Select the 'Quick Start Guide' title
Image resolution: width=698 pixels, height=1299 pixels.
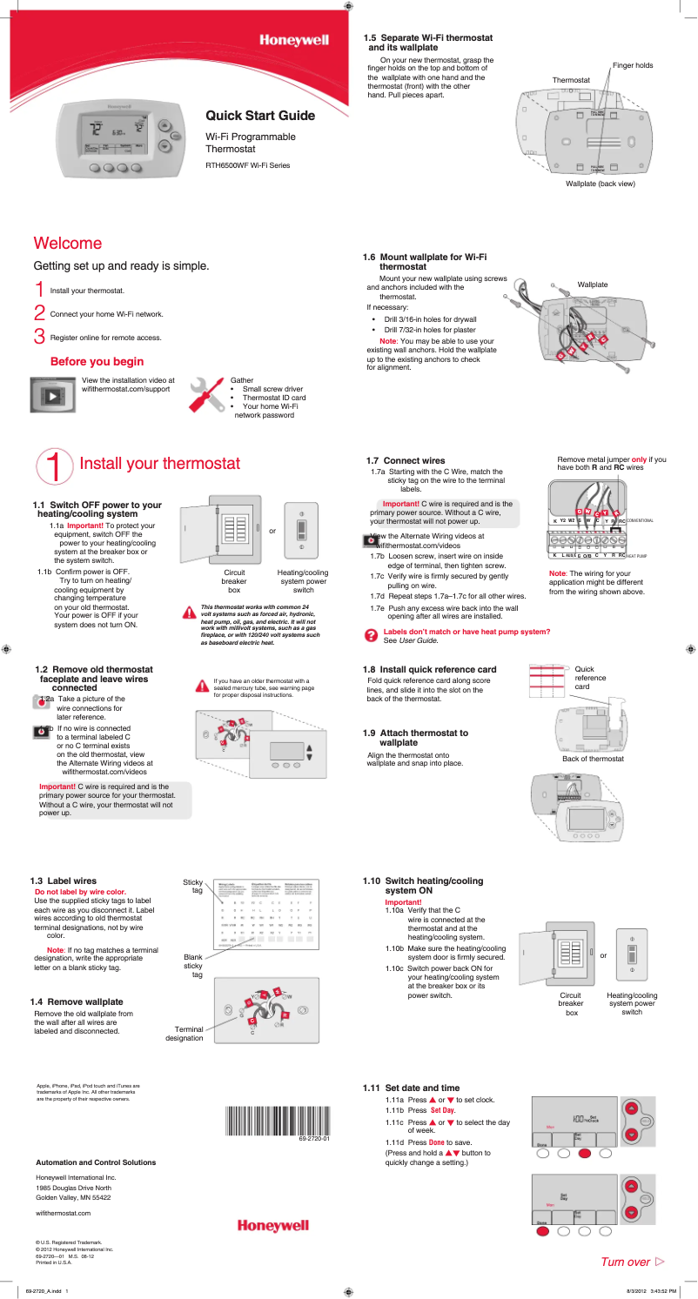[x=260, y=116]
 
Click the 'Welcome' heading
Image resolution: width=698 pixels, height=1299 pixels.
[x=68, y=244]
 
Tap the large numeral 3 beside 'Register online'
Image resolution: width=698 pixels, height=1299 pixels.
[x=38, y=336]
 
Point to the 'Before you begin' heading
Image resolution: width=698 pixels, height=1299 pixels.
[x=97, y=361]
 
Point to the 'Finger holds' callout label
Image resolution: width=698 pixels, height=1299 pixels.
[x=632, y=65]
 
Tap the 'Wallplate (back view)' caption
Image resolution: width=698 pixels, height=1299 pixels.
[x=600, y=184]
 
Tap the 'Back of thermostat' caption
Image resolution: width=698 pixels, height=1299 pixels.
[x=593, y=759]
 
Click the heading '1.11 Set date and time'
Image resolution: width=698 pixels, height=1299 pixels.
[x=411, y=1088]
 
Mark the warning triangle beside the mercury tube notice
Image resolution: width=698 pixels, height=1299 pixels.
[x=203, y=685]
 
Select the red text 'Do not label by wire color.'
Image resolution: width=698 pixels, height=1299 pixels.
[x=80, y=892]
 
